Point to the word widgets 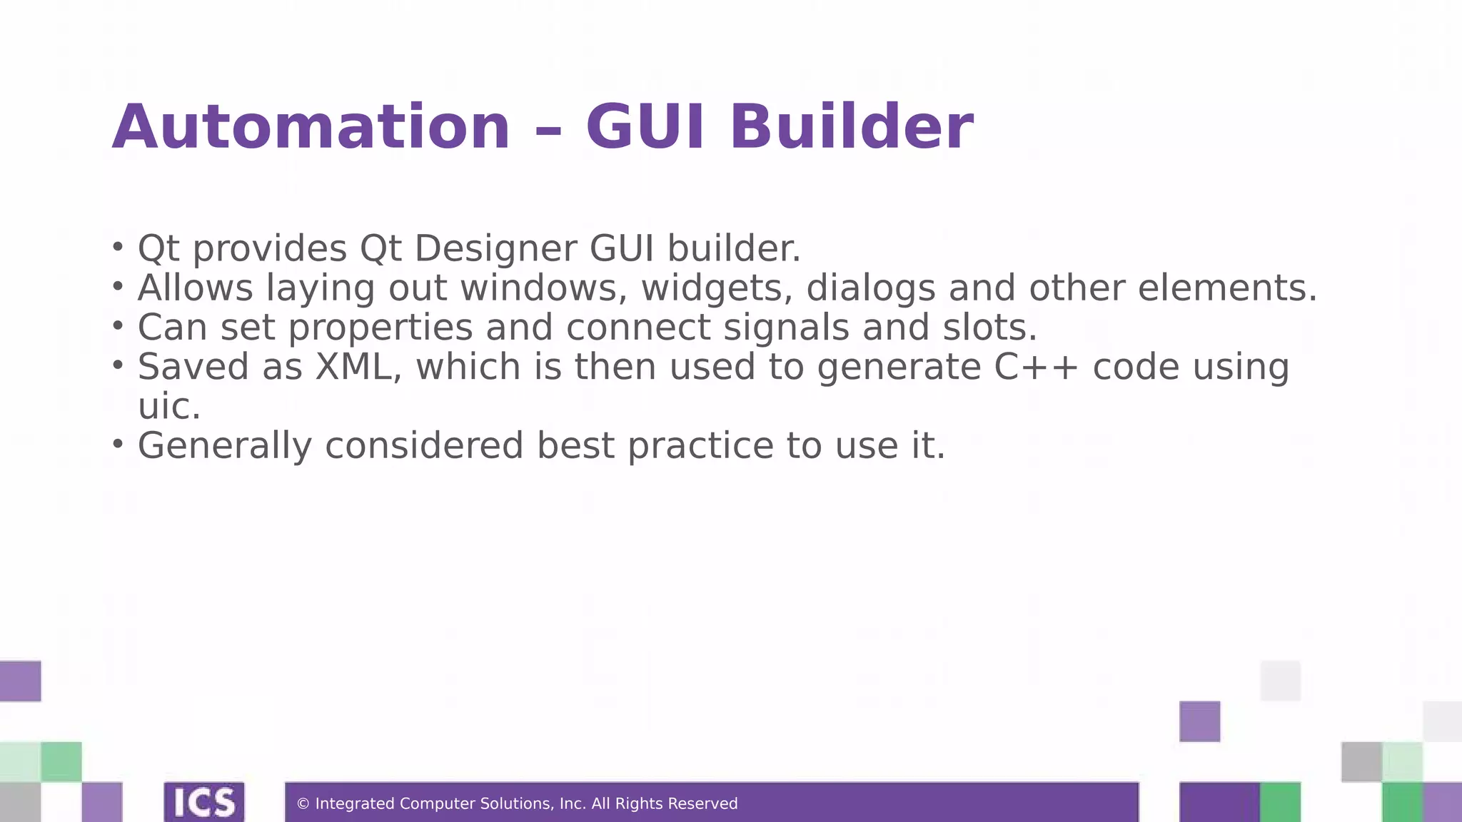(717, 289)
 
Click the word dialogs (870, 289)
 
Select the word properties (380, 328)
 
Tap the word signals (786, 328)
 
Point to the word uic (169, 407)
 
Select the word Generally (225, 446)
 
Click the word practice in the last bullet (700, 446)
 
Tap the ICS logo (204, 802)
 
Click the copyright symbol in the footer (303, 804)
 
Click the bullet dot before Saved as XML (118, 365)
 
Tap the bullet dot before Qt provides (118, 247)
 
